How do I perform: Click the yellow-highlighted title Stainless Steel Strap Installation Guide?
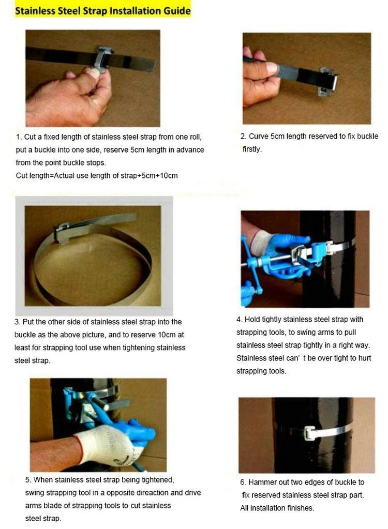(103, 11)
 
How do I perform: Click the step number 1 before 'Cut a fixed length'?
(19, 137)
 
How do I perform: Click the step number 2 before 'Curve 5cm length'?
(243, 137)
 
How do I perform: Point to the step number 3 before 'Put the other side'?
(17, 322)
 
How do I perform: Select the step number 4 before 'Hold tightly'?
(239, 320)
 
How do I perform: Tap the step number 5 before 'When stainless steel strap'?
(28, 480)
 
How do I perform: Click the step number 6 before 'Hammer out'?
(243, 482)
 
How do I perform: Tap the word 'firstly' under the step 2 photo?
(252, 149)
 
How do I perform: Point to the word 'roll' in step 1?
(195, 137)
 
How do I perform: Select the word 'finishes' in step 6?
(300, 508)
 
